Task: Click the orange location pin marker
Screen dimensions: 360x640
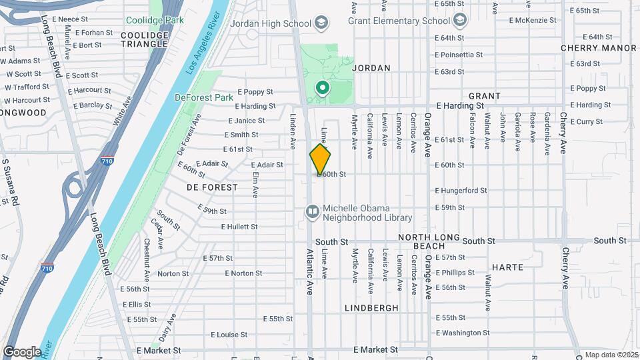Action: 320,159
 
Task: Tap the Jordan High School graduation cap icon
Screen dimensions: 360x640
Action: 322,23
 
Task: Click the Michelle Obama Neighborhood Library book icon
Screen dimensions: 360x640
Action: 312,212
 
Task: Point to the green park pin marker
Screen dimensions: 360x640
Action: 323,88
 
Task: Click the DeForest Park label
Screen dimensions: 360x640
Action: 204,97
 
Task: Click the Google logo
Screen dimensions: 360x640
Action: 22,351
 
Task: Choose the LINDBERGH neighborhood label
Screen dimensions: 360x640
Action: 372,308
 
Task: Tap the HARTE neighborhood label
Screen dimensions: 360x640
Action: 508,267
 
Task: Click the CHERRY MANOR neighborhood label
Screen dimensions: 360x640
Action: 598,48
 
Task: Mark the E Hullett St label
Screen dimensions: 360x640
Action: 239,227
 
